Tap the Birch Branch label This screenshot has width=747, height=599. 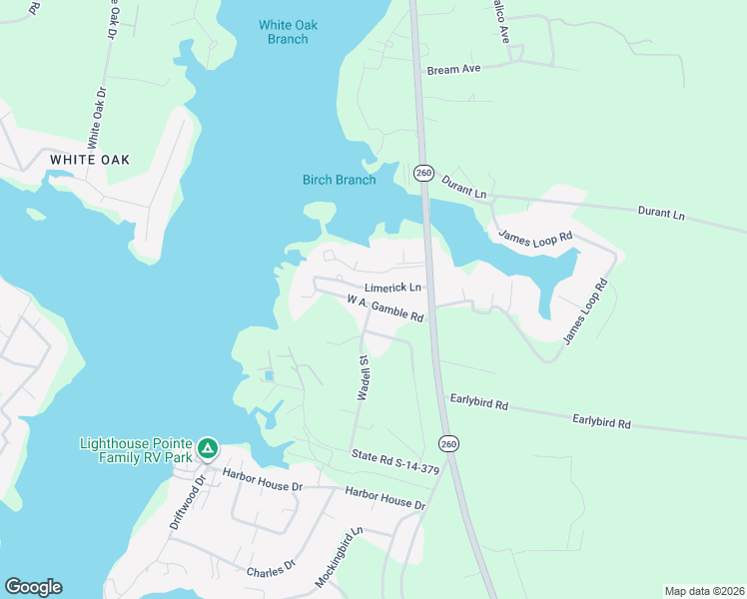coord(340,180)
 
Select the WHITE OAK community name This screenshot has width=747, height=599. coord(90,160)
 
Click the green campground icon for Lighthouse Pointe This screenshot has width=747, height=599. coord(207,448)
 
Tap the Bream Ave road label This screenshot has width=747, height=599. coord(454,70)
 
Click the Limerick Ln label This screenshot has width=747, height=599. coord(395,288)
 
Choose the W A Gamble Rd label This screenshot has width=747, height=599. coord(385,307)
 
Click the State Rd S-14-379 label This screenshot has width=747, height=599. coord(395,462)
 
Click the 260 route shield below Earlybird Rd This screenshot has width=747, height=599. coord(449,442)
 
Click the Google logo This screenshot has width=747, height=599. coord(33,587)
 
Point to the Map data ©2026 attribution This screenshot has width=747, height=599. coord(703,591)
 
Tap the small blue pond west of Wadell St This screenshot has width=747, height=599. coord(268,376)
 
